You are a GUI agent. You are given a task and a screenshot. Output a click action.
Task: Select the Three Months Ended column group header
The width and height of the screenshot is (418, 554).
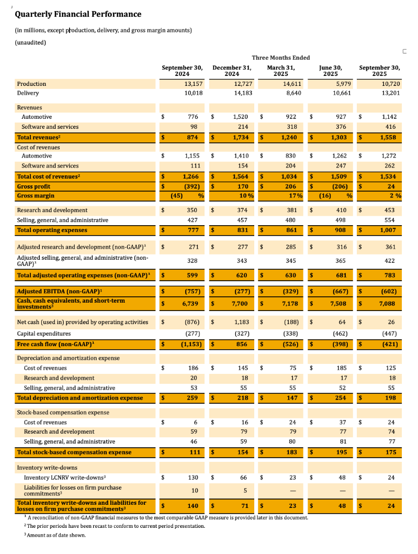(280, 58)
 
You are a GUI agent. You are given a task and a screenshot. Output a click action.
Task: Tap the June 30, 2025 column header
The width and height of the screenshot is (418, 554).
(331, 71)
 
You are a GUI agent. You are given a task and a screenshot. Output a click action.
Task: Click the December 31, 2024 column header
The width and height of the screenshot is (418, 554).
(232, 71)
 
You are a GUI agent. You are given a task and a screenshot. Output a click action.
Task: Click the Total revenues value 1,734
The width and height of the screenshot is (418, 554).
(240, 137)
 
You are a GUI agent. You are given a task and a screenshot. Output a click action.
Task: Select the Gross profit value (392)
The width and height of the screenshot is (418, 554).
(191, 186)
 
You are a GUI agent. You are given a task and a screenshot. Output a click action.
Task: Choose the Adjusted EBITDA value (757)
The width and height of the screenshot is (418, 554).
(191, 291)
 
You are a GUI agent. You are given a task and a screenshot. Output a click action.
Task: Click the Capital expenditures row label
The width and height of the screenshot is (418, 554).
(44, 333)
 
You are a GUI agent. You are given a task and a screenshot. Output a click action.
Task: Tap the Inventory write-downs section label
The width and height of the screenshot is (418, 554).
(47, 467)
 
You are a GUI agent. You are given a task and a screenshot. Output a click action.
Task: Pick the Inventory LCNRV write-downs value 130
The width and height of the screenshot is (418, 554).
(193, 477)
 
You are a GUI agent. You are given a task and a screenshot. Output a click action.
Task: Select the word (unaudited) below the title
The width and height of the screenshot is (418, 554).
(30, 42)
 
